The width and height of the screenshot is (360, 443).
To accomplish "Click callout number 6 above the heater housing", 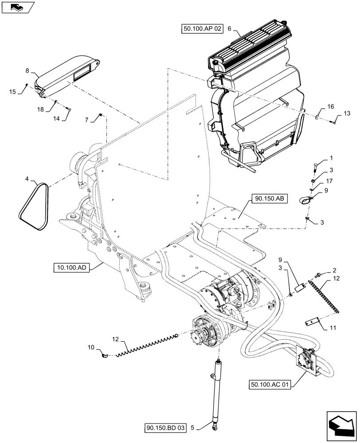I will pos(229,28).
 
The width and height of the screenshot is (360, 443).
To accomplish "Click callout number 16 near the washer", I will pos(331,107).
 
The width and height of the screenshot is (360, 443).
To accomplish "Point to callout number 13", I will pos(346,113).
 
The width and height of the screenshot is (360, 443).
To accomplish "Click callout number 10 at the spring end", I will pos(91,347).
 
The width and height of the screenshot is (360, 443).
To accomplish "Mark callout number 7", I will pos(87,119).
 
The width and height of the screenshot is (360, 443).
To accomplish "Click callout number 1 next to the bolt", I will pos(330,158).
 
